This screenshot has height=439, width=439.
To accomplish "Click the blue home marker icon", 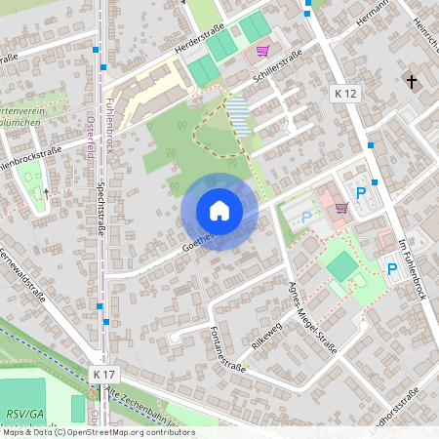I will tap(219, 210).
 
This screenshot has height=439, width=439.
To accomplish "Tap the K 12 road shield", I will tap(345, 93).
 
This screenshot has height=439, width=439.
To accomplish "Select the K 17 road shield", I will tap(104, 374).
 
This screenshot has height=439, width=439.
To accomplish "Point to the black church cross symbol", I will tap(412, 81).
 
